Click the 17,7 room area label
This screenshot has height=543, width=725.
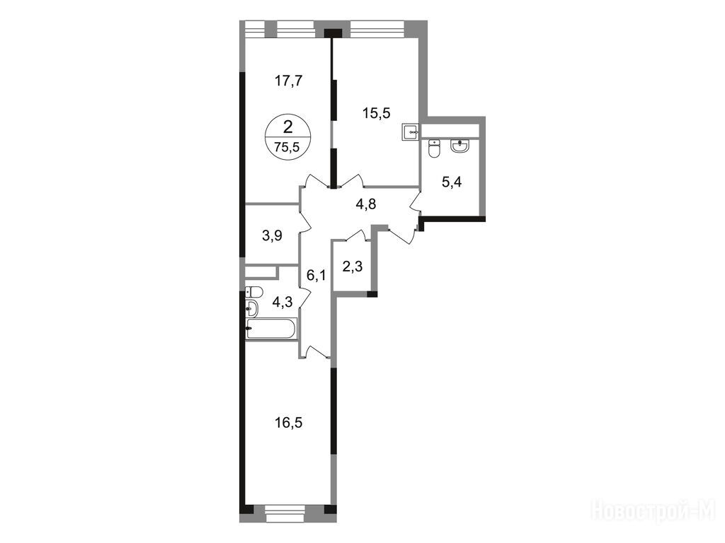[x=288, y=81]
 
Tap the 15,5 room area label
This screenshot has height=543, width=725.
[x=377, y=112]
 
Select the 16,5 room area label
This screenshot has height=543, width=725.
[x=289, y=423]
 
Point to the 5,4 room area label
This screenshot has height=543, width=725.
[x=452, y=182]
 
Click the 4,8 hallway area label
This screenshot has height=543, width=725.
[x=366, y=204]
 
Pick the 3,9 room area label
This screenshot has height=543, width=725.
[x=272, y=236]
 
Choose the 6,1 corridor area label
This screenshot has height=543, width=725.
[x=316, y=276]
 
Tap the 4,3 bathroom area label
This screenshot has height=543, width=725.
[x=282, y=303]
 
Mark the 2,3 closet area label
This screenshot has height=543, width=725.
[x=353, y=267]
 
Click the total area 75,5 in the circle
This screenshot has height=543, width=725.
[x=287, y=147]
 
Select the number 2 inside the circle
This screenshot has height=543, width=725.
[x=287, y=126]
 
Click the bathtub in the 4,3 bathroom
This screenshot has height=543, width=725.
[x=271, y=329]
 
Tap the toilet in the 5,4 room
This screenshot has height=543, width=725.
[x=434, y=148]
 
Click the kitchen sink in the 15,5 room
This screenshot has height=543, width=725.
[x=411, y=132]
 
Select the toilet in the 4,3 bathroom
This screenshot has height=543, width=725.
[x=254, y=292]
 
